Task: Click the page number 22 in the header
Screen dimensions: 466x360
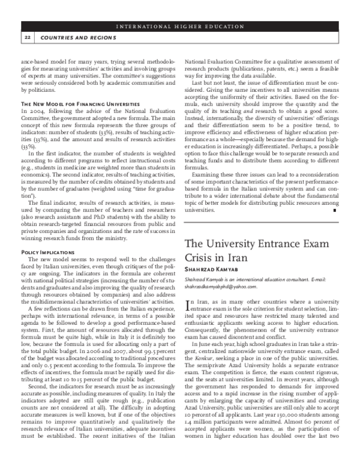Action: pyautogui.click(x=28, y=37)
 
